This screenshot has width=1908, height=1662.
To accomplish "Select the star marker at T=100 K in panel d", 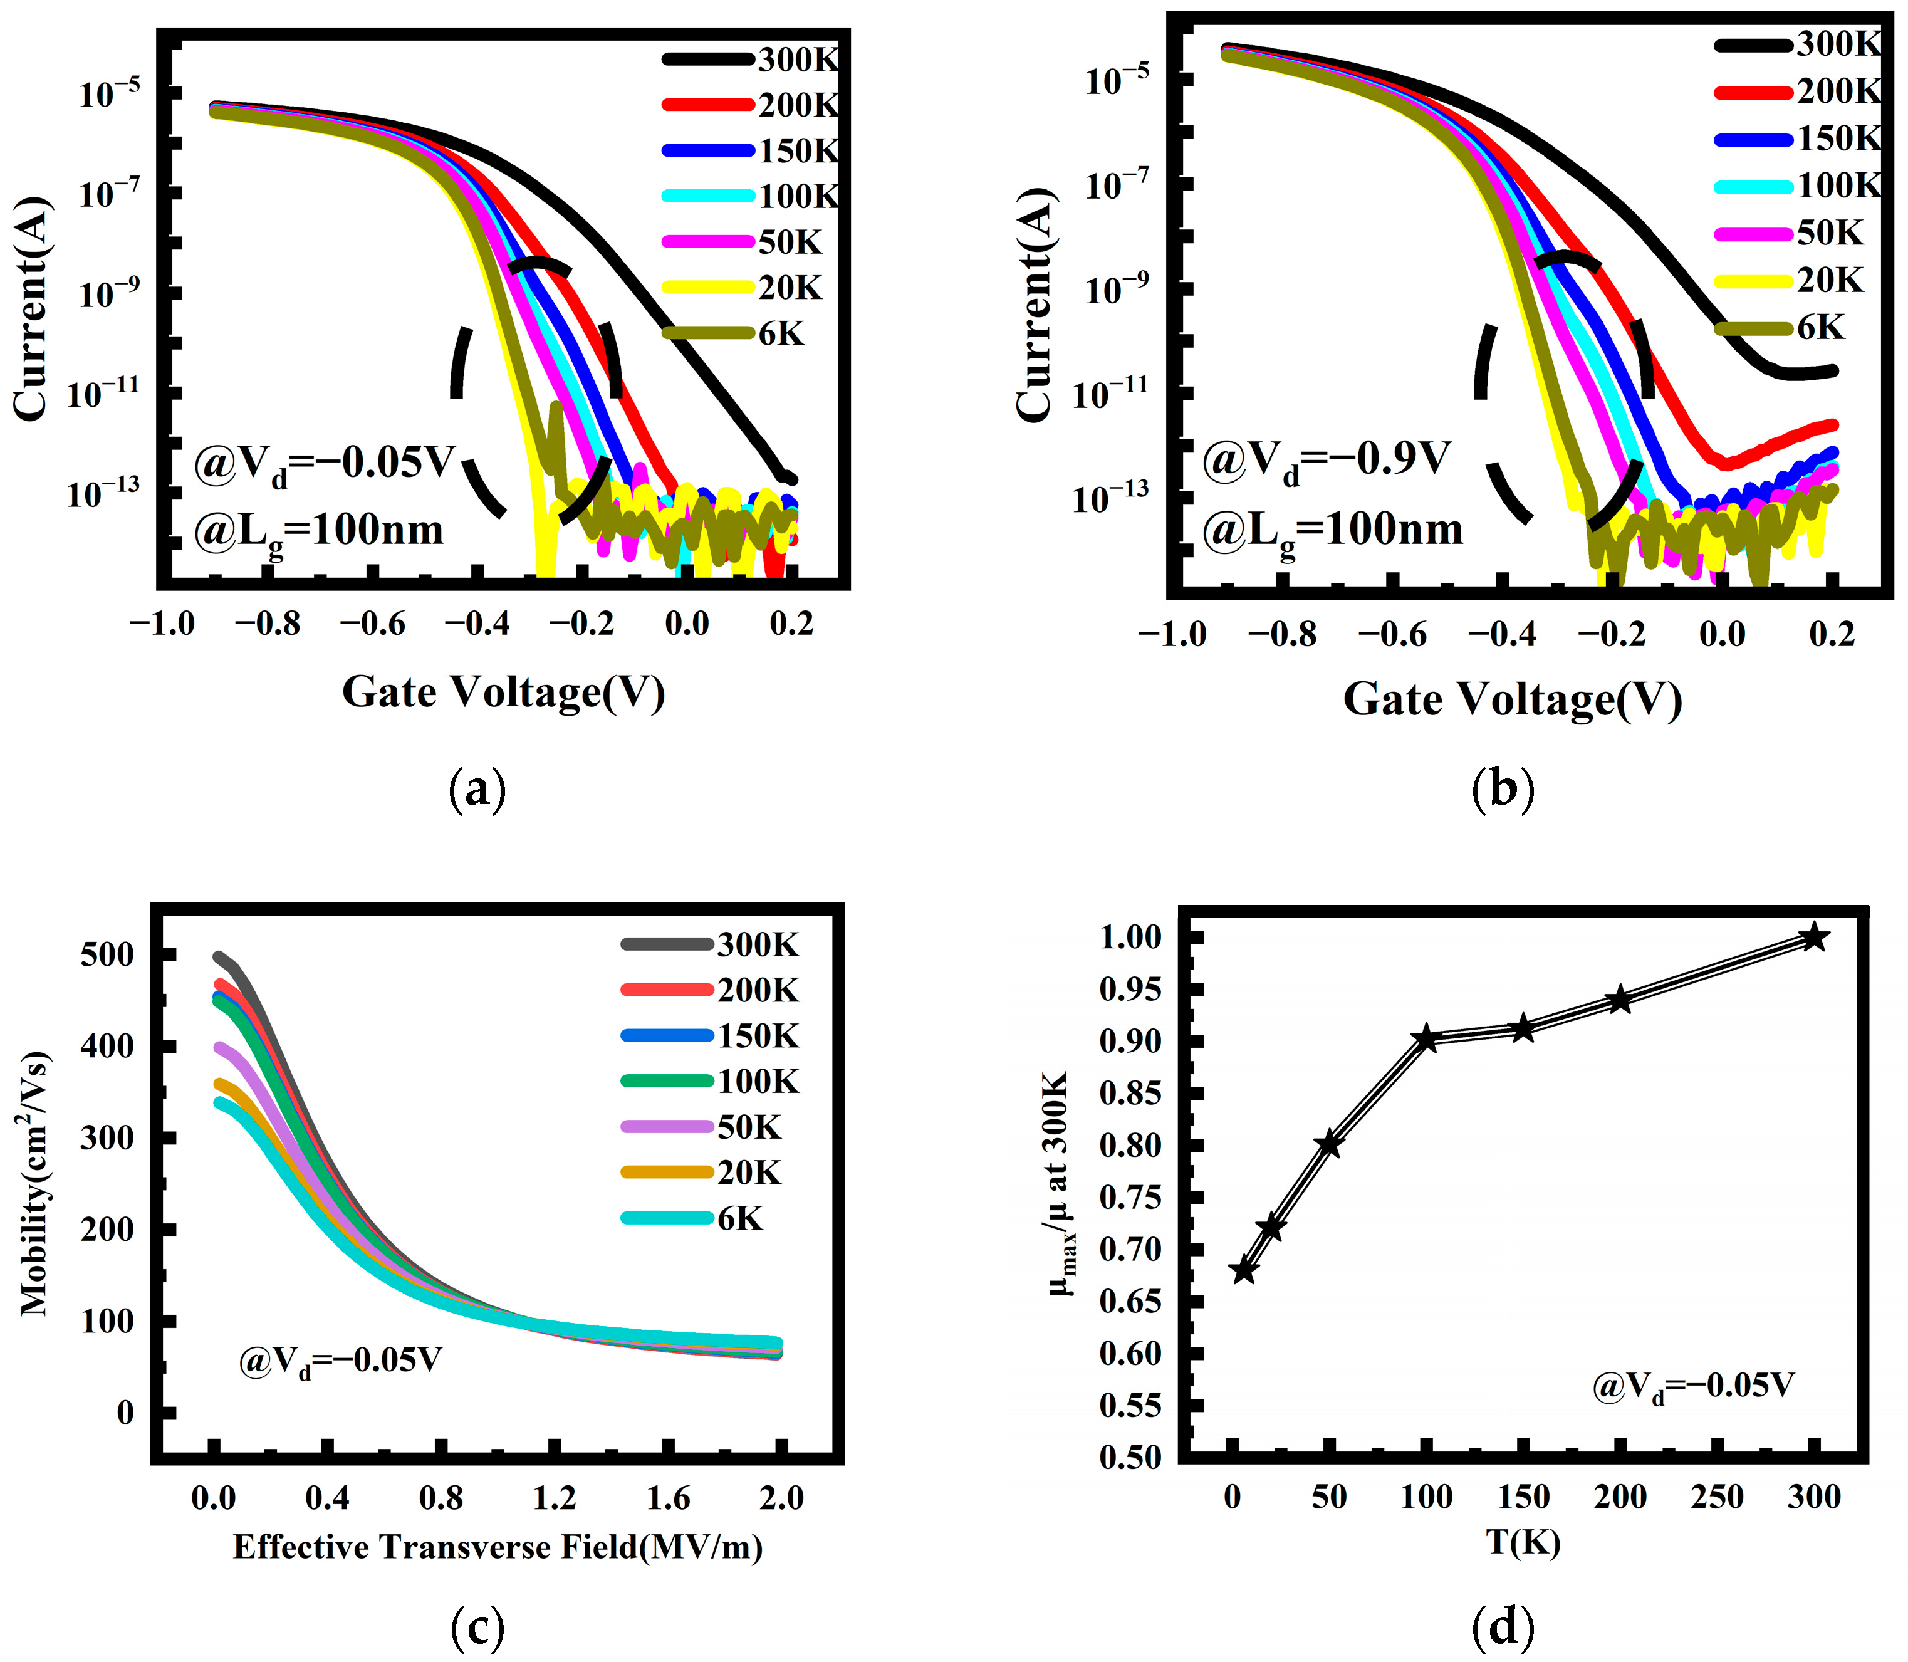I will [1426, 1039].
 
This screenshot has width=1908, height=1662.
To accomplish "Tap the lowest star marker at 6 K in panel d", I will [1243, 1270].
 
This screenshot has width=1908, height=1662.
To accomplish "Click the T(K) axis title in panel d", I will [1523, 1542].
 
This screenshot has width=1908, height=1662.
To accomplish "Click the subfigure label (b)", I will [1503, 788].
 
